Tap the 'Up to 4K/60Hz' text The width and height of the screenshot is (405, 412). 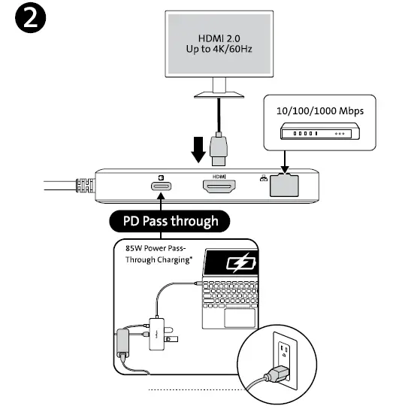(x=219, y=49)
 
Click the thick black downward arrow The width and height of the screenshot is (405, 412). (x=198, y=149)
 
